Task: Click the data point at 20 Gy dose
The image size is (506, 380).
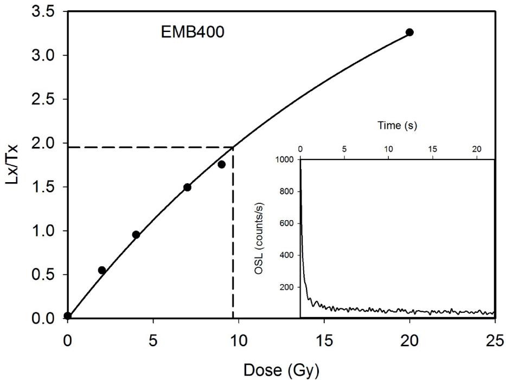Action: point(409,33)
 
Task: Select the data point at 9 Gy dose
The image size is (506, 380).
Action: point(221,164)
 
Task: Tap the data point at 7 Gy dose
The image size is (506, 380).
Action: point(187,187)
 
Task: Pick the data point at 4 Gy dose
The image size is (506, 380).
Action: point(136,235)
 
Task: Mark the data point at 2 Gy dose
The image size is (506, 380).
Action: point(101,270)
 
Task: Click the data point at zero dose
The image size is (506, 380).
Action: point(67,315)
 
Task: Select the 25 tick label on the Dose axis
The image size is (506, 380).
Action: point(495,336)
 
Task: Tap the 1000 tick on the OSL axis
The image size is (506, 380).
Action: point(286,160)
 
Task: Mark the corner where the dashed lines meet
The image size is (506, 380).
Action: point(233,147)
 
